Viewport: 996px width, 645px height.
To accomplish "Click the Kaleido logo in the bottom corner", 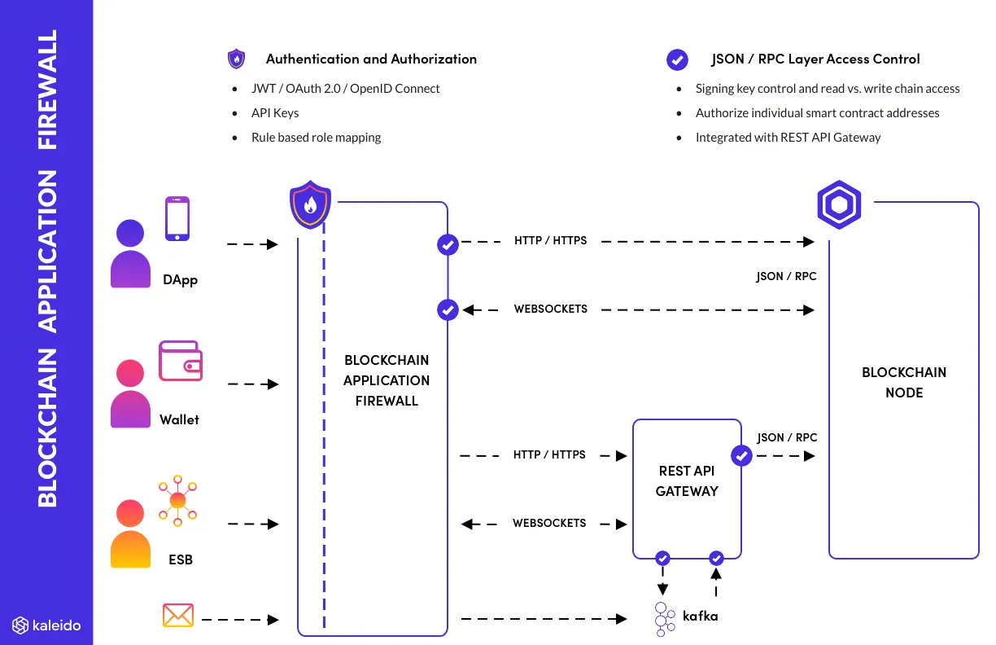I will [46, 625].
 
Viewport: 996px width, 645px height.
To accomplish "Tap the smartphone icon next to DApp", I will [177, 218].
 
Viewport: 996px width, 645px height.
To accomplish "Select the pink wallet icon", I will [181, 361].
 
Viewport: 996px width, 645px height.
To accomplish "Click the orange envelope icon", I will [177, 616].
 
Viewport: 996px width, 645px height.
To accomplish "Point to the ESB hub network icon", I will [178, 501].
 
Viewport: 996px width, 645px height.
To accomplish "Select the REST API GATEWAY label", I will [687, 481].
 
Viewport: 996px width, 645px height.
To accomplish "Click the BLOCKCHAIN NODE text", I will [903, 382].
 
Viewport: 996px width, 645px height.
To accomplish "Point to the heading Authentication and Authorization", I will [371, 59].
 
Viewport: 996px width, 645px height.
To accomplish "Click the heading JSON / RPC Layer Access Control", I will [815, 59].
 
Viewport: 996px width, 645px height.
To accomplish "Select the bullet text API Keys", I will [275, 113].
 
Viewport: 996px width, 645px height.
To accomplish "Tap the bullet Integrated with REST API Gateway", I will [788, 138].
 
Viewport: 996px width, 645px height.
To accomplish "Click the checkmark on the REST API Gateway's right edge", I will [741, 456].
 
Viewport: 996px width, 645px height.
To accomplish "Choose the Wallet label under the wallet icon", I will [179, 420].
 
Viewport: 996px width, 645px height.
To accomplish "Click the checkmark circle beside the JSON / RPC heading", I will [677, 59].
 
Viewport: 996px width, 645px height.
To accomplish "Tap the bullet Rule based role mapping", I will [316, 138].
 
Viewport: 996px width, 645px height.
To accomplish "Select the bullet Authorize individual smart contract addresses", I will [817, 113].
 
